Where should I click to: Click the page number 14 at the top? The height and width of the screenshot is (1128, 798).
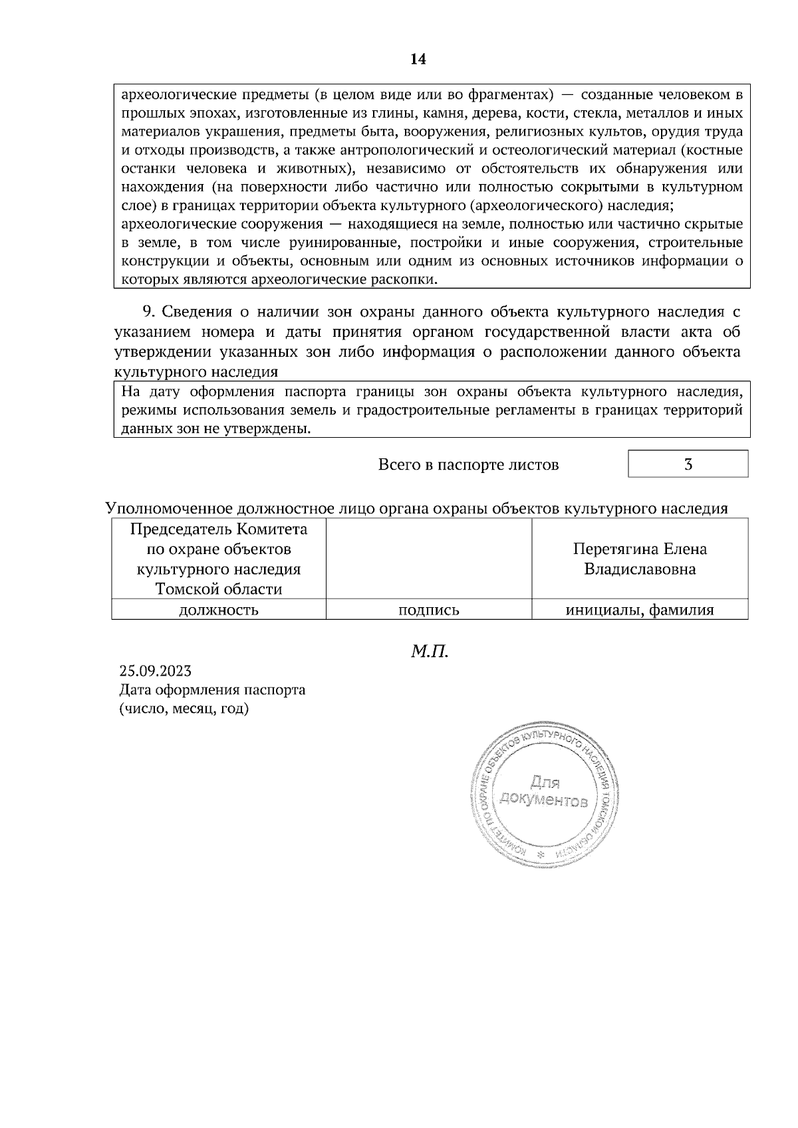click(418, 60)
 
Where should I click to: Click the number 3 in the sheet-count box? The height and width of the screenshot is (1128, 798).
click(688, 464)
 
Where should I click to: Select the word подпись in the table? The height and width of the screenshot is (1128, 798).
click(429, 610)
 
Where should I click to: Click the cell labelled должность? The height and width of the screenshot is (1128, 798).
click(219, 610)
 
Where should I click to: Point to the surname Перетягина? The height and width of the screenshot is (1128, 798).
click(613, 549)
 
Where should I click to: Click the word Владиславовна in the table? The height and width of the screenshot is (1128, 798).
click(640, 569)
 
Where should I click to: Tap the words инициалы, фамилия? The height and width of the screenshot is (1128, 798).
click(640, 610)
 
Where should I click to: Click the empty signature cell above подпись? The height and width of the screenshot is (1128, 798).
click(429, 559)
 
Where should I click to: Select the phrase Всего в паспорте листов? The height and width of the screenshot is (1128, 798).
click(468, 465)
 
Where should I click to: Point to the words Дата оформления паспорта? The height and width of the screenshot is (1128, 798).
click(212, 690)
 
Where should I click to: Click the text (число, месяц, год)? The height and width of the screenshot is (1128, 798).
click(184, 709)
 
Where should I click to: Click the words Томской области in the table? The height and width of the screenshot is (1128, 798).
click(219, 589)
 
